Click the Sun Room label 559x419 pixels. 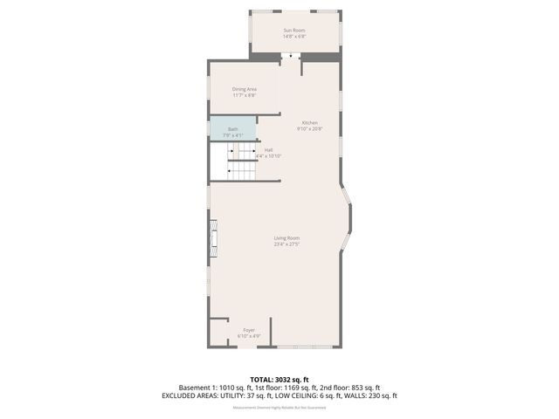(x=293, y=31)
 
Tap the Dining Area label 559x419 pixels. (x=245, y=89)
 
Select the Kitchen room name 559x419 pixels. (x=310, y=122)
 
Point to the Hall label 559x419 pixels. (x=269, y=149)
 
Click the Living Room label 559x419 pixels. (x=286, y=238)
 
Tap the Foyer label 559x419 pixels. (x=249, y=330)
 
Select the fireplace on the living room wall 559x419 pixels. (x=211, y=239)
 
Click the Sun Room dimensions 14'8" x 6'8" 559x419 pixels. (x=293, y=37)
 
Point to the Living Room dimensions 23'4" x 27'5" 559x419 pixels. (x=286, y=244)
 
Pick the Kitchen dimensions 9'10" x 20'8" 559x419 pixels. (x=310, y=129)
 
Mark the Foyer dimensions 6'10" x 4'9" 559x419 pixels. (x=249, y=336)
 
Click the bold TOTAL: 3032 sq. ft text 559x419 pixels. (x=279, y=380)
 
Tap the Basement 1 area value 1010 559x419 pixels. (x=225, y=388)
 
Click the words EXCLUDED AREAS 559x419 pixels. (x=190, y=395)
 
